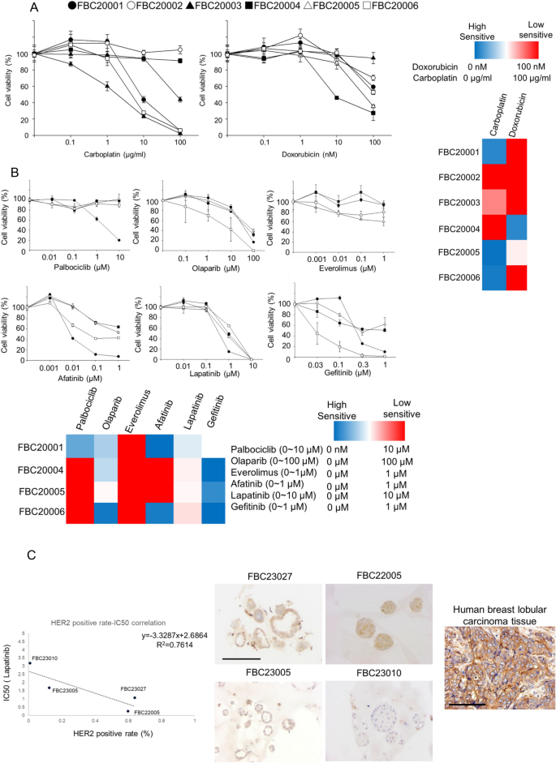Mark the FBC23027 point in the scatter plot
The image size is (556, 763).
(134, 675)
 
